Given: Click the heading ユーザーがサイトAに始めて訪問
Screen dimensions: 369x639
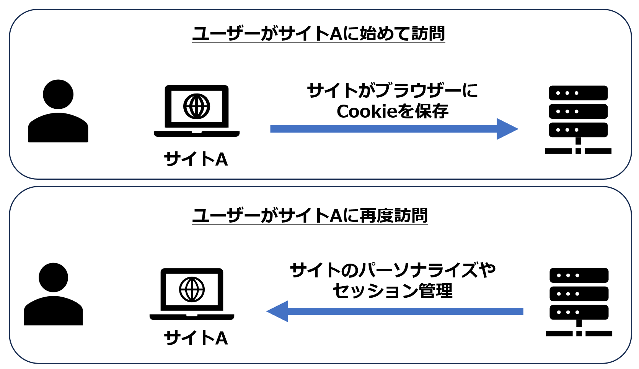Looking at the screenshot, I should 318,34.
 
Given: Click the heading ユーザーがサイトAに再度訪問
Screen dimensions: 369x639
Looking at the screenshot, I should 310,216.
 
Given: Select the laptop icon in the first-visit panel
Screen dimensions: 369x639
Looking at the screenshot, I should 197,111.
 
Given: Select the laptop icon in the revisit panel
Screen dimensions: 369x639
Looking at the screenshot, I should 192,294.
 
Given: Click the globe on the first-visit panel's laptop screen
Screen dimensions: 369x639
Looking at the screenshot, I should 197,106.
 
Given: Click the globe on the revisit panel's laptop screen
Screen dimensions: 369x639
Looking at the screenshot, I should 192,289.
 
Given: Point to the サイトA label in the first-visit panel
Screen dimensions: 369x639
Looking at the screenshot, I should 196,159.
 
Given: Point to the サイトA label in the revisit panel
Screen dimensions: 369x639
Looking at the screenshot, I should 196,338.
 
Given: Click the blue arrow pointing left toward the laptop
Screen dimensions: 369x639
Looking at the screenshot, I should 394,311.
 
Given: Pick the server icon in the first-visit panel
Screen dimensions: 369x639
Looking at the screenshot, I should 578,119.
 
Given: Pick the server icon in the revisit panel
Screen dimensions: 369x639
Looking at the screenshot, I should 579,302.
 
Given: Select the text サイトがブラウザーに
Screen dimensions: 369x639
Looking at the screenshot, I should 393,91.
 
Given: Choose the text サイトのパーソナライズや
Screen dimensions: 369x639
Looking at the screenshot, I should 393,271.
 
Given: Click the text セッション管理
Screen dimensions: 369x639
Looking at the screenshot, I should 393,291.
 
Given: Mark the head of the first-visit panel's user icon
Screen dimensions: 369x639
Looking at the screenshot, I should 58,94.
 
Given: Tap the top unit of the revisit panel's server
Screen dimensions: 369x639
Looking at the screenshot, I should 579,276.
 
